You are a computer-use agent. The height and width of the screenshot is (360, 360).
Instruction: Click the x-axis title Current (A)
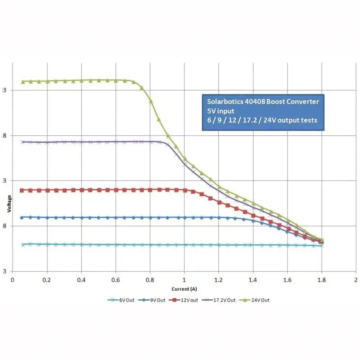coord(184,288)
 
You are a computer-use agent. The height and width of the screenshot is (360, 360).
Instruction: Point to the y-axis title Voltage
coord(9,203)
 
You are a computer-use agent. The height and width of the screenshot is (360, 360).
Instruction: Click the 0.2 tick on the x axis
coord(47,279)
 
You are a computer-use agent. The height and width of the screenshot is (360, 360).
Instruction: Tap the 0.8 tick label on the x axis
coord(150,279)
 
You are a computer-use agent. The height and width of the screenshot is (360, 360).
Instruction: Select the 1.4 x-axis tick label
coord(253,279)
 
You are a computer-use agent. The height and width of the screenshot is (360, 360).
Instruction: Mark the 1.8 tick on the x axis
coord(321,279)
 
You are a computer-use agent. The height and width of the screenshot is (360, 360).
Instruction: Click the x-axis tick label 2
coord(356,279)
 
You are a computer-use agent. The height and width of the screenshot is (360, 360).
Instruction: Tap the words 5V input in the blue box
coord(221,111)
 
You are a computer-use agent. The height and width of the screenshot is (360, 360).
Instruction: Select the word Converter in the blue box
coord(304,102)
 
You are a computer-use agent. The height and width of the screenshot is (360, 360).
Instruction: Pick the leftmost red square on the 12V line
coord(22,190)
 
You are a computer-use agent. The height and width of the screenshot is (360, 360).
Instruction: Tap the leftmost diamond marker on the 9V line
coord(22,217)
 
